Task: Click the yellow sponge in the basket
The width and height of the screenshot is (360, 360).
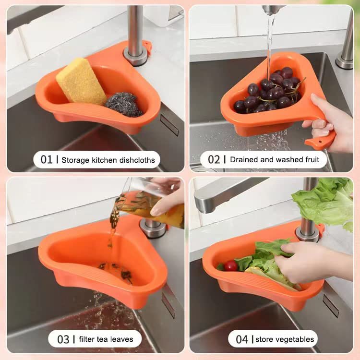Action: point(81,82)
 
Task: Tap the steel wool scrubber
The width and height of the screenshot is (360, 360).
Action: point(124,104)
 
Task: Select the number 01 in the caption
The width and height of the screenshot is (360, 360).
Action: point(47,159)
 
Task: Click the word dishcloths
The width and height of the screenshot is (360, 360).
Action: point(137,160)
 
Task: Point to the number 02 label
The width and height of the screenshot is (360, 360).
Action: point(214,159)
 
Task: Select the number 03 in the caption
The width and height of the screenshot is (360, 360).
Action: point(63,339)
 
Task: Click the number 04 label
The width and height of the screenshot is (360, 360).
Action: point(242,339)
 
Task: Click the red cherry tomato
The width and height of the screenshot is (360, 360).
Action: point(231,266)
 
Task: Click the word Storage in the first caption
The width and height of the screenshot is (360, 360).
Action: point(75,160)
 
